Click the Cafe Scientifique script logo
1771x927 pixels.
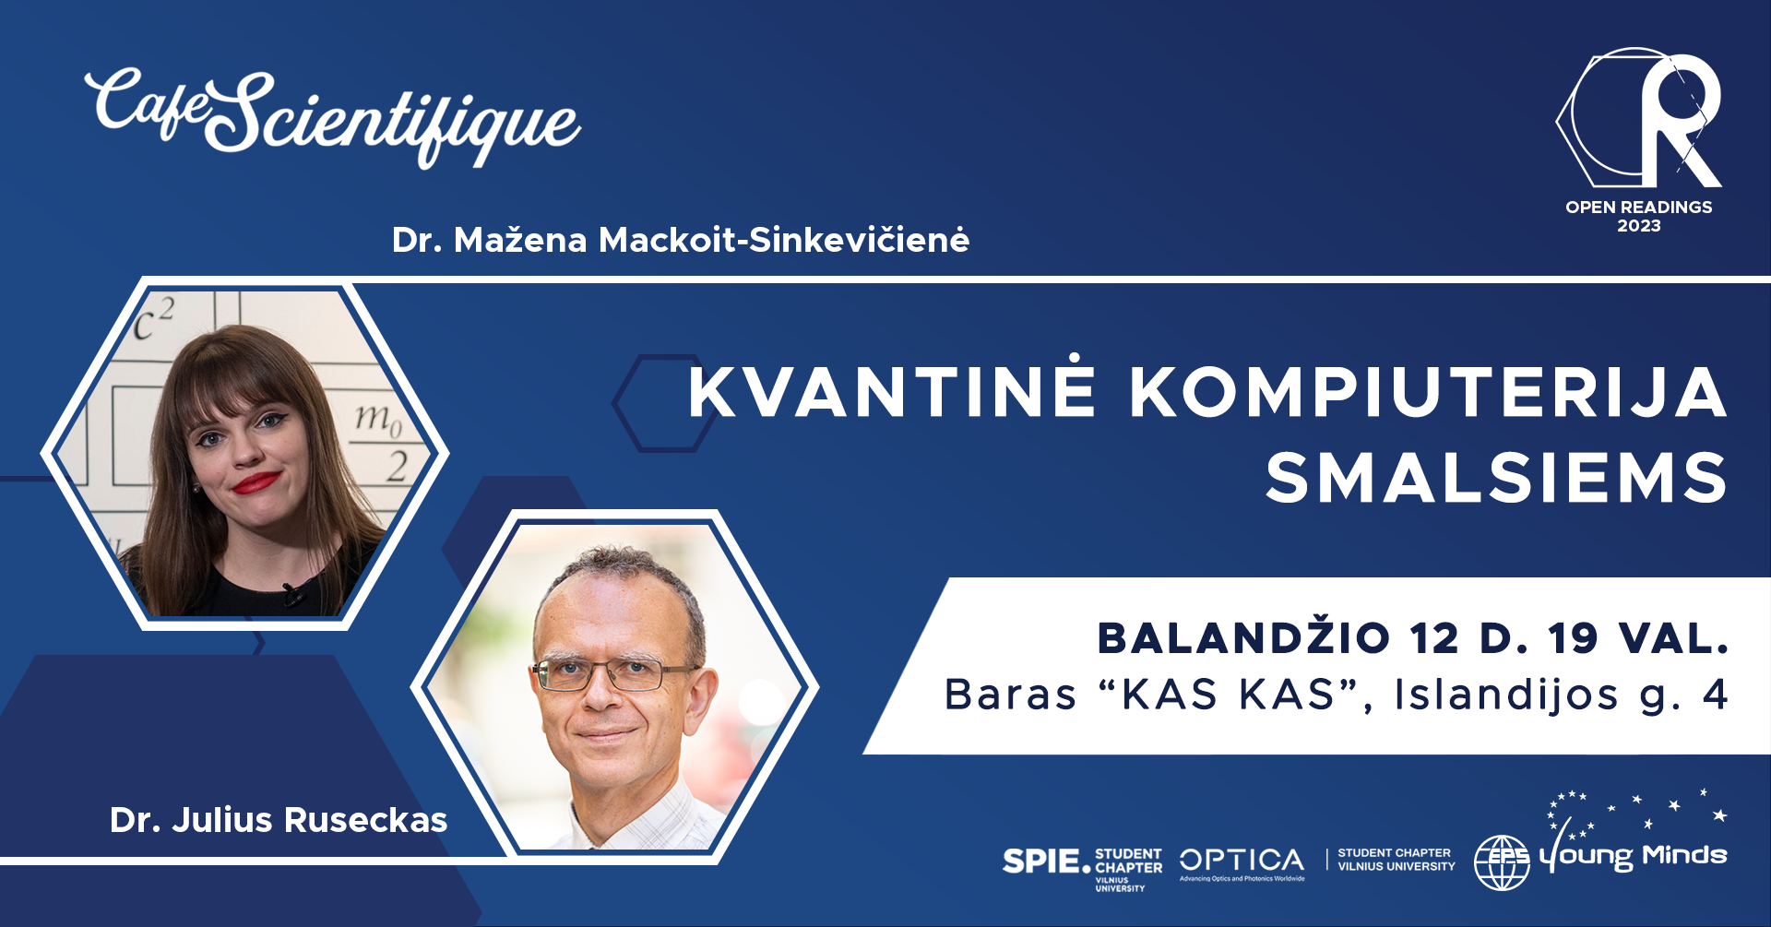point(332,115)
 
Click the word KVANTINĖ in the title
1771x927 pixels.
point(892,391)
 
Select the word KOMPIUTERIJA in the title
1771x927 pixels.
point(1428,393)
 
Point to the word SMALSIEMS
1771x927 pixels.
point(1496,478)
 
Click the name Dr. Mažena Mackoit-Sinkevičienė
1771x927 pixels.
point(681,240)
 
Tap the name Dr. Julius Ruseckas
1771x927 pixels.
point(279,820)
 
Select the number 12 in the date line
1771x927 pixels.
point(1433,639)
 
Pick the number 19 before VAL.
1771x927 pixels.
point(1573,639)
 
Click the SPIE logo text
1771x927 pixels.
point(1046,862)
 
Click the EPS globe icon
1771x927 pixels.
point(1502,862)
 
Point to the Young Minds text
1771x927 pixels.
point(1633,857)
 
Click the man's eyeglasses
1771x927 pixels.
point(612,674)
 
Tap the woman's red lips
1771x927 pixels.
point(256,482)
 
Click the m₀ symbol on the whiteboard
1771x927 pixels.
point(379,420)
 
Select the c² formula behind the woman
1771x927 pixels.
point(152,319)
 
